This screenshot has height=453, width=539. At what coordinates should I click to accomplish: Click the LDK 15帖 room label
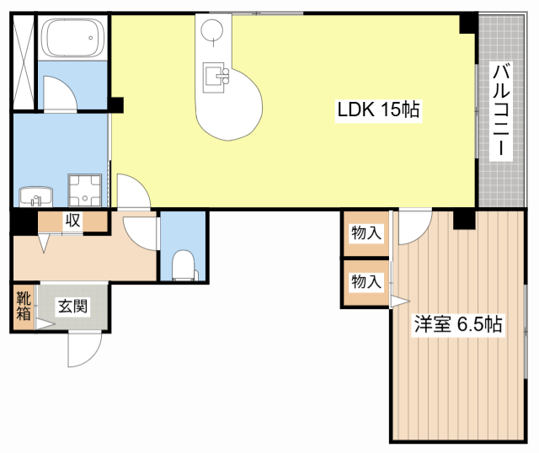[378, 110]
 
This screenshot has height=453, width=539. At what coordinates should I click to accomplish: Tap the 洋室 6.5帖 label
[458, 324]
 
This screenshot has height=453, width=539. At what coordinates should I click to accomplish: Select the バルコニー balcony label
[501, 109]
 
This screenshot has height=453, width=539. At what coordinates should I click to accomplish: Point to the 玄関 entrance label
[72, 306]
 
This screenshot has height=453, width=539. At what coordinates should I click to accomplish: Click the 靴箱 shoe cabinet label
[24, 306]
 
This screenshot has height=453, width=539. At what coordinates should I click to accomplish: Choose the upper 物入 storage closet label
[366, 233]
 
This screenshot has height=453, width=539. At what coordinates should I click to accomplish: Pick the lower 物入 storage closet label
[366, 282]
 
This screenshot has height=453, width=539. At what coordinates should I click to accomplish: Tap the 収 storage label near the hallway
[72, 220]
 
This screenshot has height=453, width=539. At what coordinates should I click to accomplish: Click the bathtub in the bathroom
[72, 37]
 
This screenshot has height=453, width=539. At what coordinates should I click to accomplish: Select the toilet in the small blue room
[184, 265]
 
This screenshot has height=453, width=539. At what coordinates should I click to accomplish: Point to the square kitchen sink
[214, 77]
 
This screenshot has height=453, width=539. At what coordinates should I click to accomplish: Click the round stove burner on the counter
[211, 30]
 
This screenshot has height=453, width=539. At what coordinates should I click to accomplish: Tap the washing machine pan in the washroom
[85, 190]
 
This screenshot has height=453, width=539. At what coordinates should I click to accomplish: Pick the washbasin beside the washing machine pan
[35, 196]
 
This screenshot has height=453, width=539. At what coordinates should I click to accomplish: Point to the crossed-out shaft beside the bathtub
[24, 61]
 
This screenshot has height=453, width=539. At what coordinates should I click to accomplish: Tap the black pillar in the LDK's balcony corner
[469, 24]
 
